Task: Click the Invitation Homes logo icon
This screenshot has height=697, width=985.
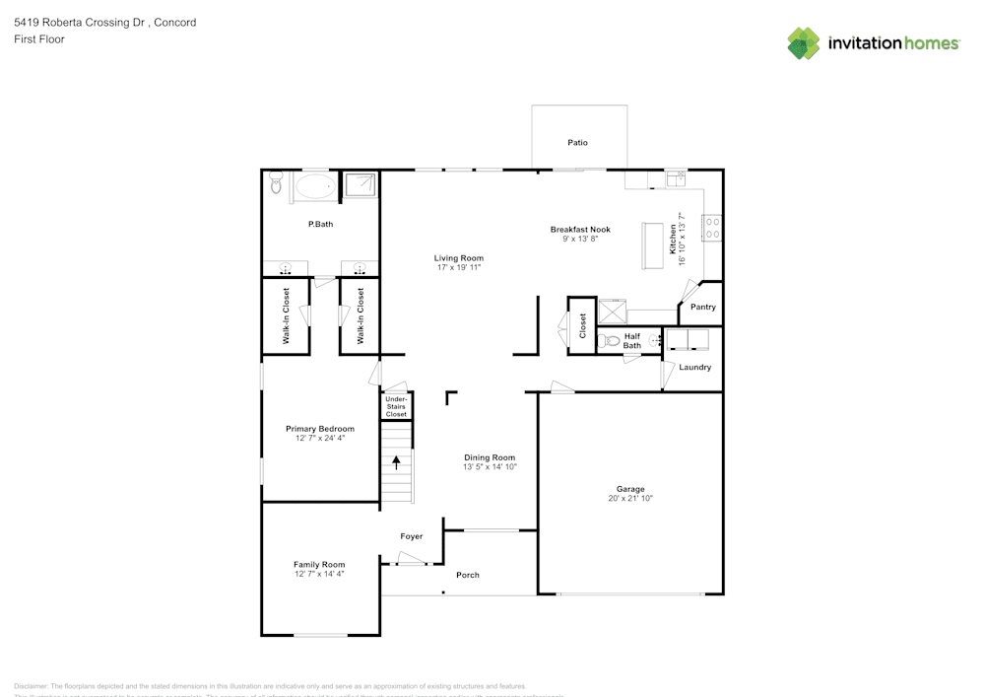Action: (x=804, y=43)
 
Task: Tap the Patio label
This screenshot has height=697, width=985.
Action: (x=577, y=143)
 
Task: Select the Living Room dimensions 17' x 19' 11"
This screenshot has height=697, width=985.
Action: (x=459, y=267)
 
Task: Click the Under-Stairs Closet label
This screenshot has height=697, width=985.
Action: (x=396, y=406)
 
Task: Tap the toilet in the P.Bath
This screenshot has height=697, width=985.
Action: (x=276, y=184)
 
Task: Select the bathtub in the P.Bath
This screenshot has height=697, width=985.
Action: (x=314, y=185)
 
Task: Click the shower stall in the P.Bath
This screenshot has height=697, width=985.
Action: (x=360, y=185)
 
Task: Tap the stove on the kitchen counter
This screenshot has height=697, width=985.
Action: (x=711, y=229)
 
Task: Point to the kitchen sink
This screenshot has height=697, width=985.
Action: (x=677, y=178)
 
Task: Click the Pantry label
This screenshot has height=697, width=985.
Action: (x=703, y=308)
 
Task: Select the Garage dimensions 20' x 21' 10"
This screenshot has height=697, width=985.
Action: (x=630, y=499)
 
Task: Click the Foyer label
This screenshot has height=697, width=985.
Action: (x=411, y=536)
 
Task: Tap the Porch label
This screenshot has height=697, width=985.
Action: (x=468, y=575)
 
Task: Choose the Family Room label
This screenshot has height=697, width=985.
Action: (x=319, y=565)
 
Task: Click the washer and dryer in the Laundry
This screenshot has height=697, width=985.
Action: (x=689, y=340)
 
